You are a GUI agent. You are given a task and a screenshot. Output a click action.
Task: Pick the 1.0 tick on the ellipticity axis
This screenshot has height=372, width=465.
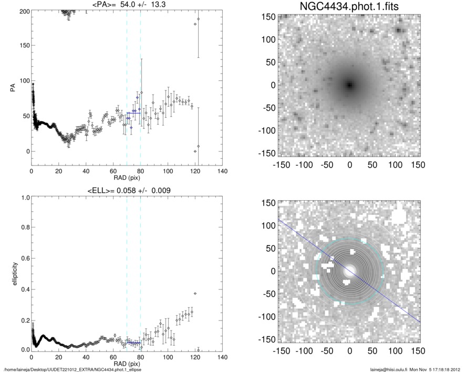coord(24,198)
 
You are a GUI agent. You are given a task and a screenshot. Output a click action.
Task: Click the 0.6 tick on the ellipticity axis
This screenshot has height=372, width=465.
coord(24,259)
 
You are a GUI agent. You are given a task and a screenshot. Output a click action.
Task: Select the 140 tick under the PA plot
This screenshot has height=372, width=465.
coord(223,172)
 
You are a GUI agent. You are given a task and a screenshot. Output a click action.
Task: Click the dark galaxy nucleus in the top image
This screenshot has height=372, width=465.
coord(349,85)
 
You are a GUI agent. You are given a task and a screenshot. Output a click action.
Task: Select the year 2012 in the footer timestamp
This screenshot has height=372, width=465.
coord(456,369)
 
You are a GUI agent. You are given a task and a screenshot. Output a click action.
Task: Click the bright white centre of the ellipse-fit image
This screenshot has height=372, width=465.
coord(349,271)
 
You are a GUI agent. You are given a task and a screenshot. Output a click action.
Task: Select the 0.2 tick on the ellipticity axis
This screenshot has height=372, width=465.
coord(24,319)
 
